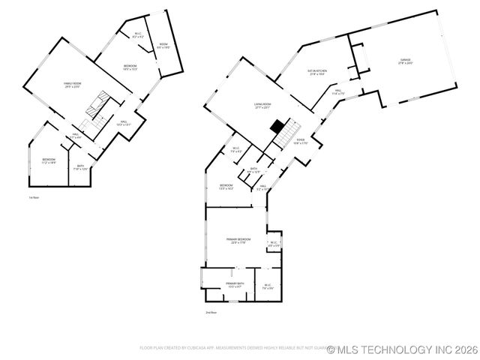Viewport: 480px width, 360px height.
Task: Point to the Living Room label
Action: click(x=262, y=106)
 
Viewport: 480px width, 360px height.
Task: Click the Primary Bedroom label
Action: click(x=239, y=241)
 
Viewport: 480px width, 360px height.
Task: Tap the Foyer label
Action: click(x=299, y=141)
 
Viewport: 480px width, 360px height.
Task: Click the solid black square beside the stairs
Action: click(x=277, y=125)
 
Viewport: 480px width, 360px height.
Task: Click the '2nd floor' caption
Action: click(x=211, y=312)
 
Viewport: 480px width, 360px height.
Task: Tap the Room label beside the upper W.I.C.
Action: click(x=163, y=46)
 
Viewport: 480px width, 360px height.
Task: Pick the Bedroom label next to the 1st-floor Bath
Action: click(x=49, y=160)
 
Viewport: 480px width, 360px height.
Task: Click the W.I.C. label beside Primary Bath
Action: click(x=268, y=286)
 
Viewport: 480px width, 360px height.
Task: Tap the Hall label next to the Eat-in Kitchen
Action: click(x=338, y=91)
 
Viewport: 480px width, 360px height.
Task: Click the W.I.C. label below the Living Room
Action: click(x=235, y=149)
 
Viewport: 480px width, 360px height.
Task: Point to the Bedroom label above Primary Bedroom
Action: click(x=226, y=187)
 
